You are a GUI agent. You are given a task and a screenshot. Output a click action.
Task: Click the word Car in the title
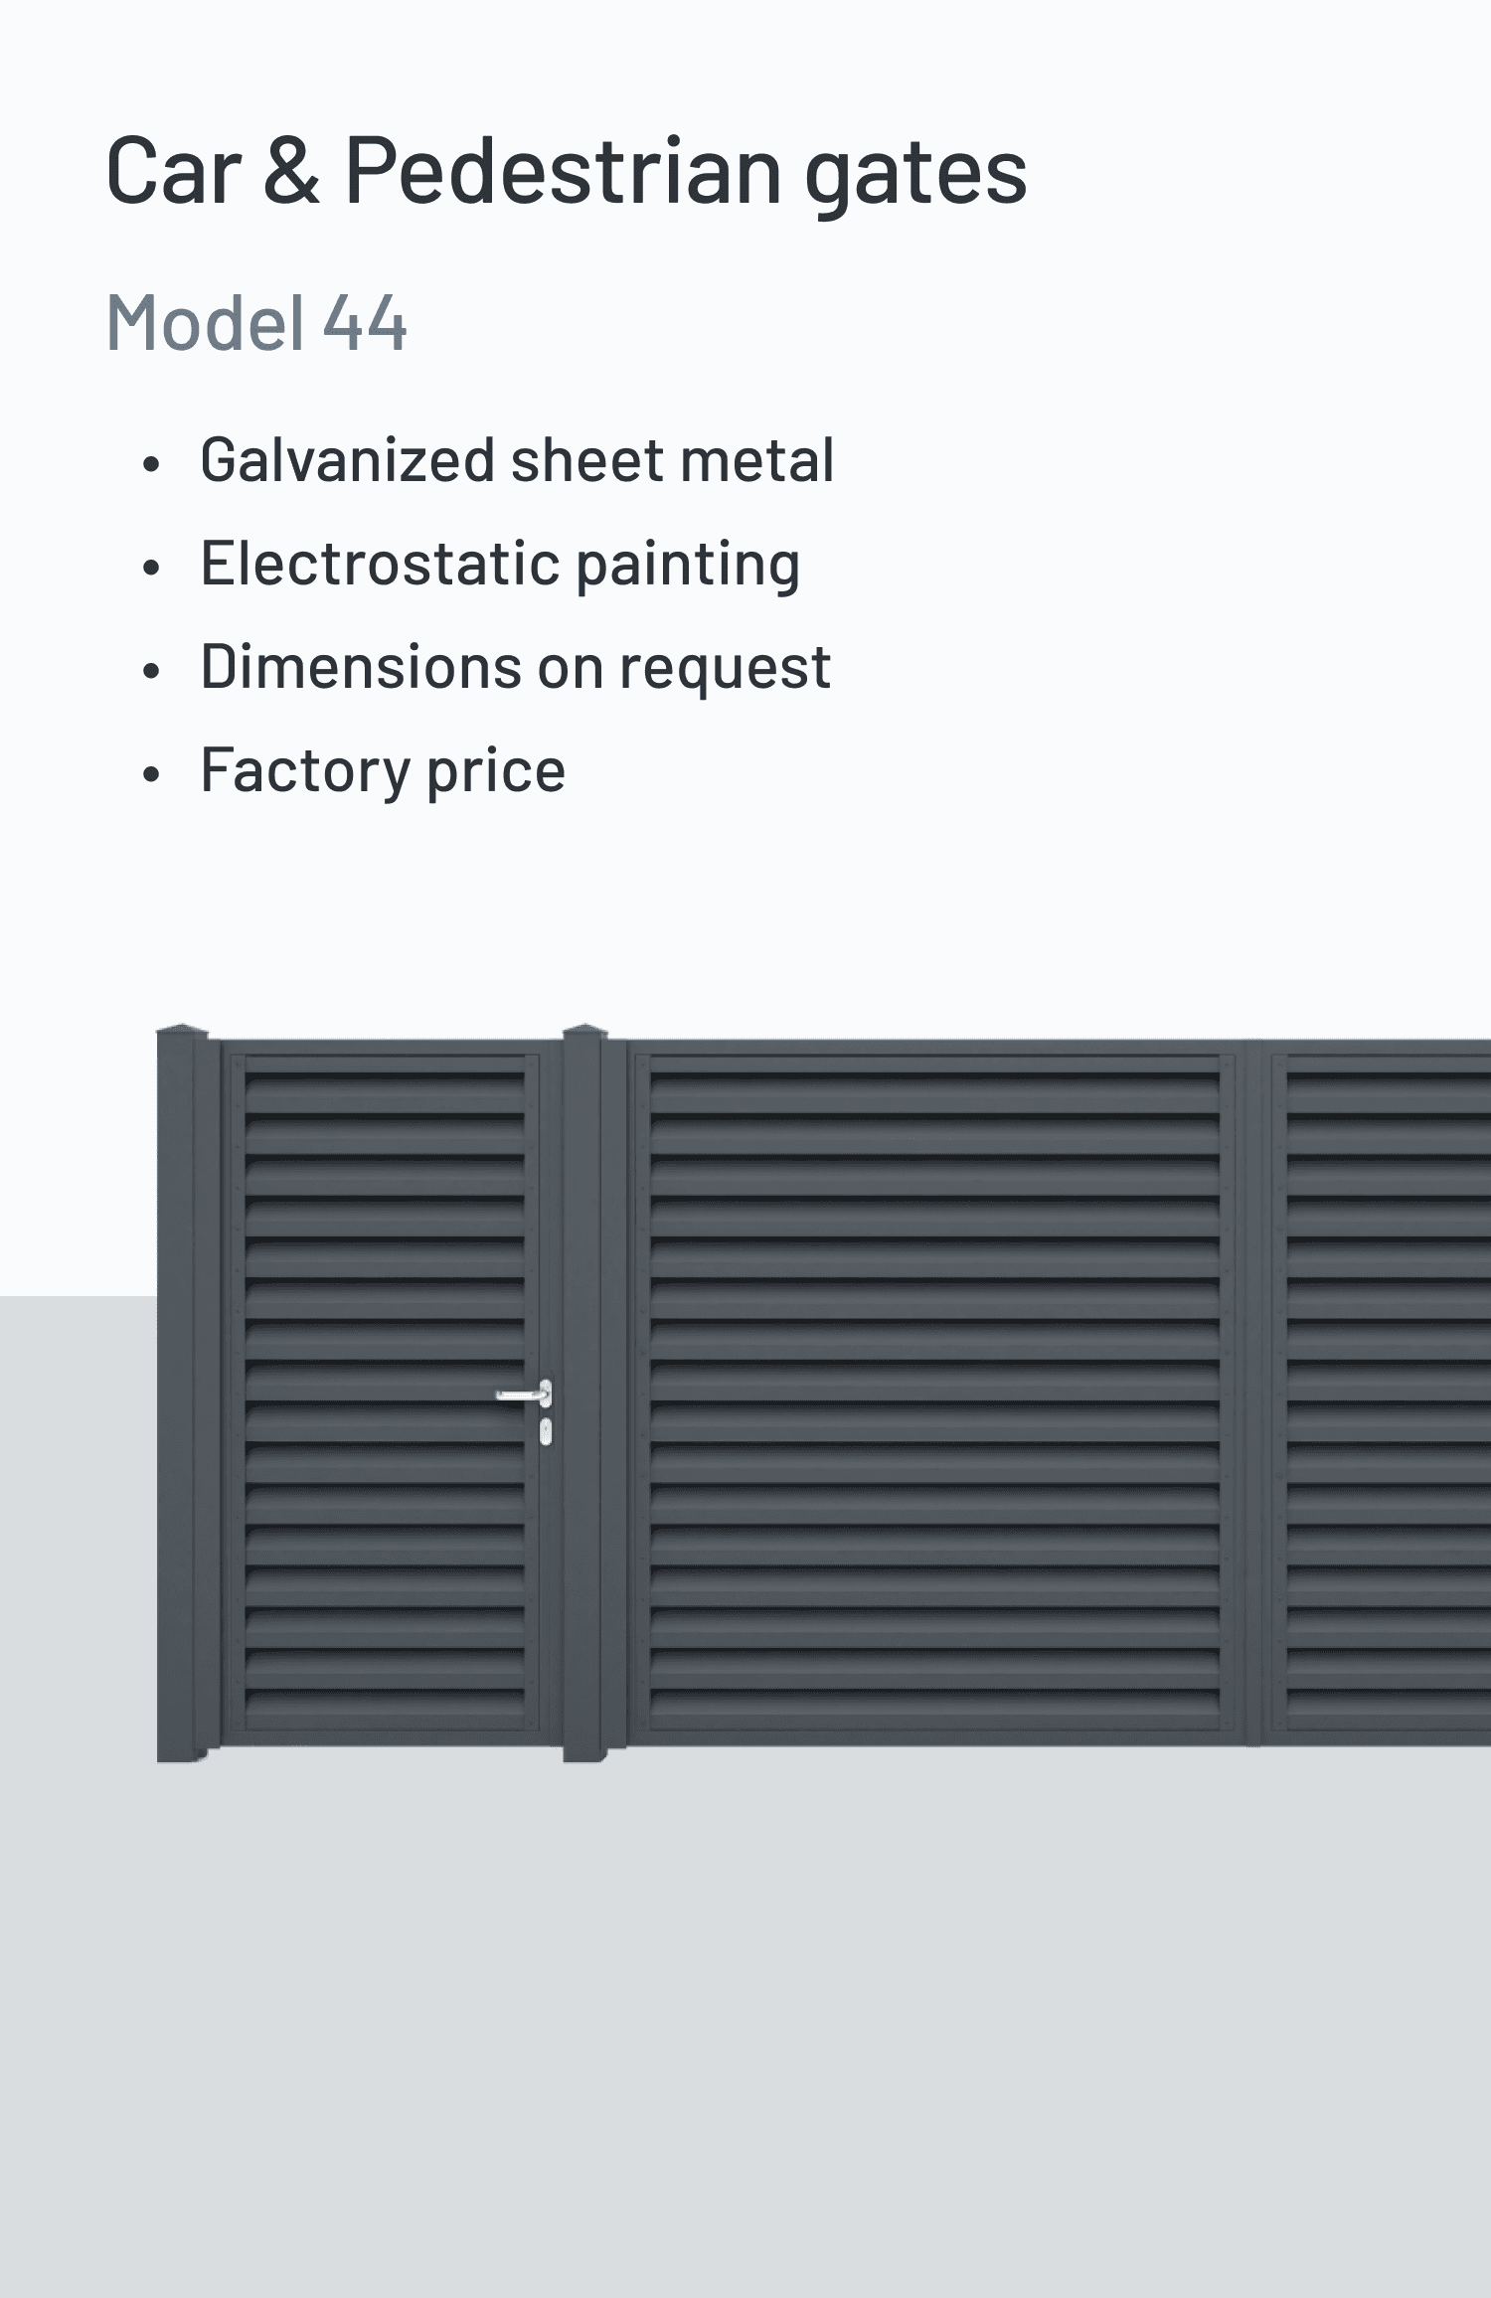coord(173,172)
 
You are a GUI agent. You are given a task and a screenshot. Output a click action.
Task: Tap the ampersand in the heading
coord(292,172)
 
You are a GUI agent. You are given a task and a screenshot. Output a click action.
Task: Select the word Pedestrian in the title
coord(563,172)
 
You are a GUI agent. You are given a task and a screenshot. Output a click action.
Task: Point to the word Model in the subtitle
coord(205,323)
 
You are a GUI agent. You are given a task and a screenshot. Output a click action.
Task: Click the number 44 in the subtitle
coord(365,323)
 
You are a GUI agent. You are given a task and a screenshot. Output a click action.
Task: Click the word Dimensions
coord(360,667)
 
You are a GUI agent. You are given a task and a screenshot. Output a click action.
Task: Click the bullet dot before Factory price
coord(151,773)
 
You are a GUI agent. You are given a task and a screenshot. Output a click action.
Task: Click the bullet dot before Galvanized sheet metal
coord(151,464)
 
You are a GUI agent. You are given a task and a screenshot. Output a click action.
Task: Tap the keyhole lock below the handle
coord(545,1431)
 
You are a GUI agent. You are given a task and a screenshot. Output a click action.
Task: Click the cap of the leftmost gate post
coord(182,1032)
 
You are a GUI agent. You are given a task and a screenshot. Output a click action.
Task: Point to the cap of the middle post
coord(584,1032)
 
